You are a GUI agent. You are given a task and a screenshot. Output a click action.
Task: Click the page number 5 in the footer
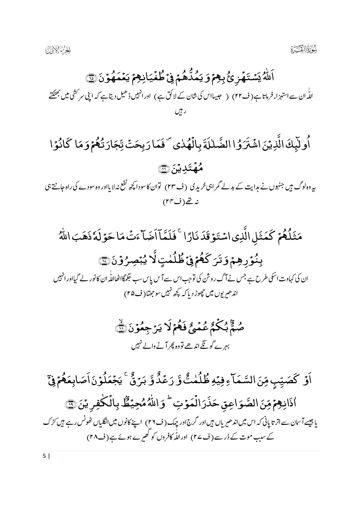(44, 456)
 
